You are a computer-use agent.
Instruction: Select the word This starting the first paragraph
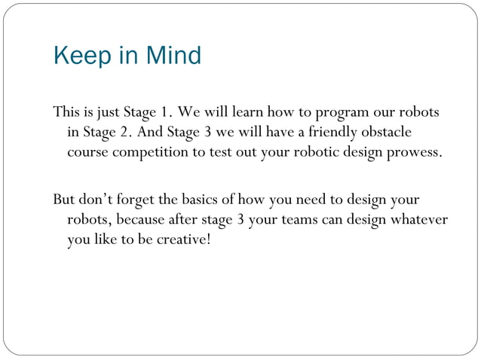[66, 114]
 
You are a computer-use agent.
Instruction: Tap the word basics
[199, 200]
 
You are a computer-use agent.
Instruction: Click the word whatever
[420, 220]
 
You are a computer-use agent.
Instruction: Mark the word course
[88, 153]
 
